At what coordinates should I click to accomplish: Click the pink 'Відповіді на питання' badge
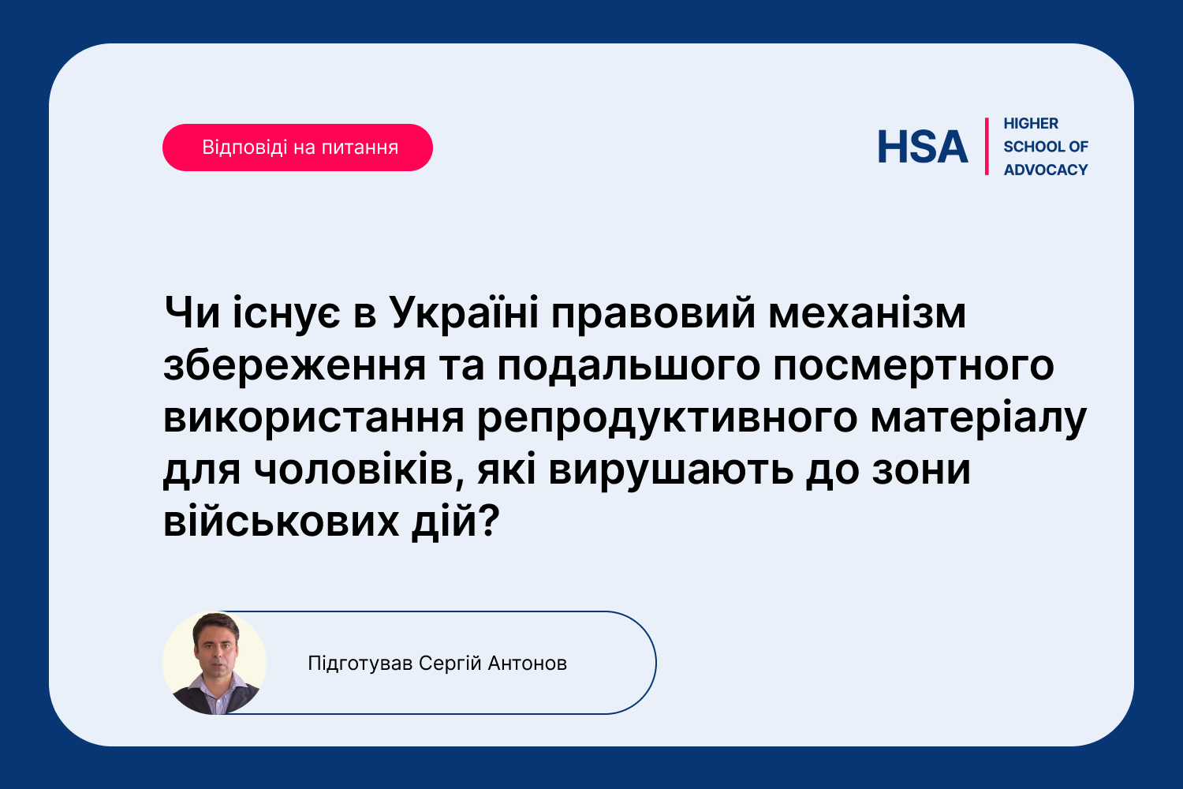click(297, 148)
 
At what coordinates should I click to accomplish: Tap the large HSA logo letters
click(923, 147)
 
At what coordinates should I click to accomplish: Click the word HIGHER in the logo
click(1031, 124)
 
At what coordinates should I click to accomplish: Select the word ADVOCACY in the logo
click(1046, 170)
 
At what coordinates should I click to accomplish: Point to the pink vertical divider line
click(987, 147)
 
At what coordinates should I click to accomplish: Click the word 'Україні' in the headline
click(464, 314)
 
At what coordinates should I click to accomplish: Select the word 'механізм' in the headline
click(868, 314)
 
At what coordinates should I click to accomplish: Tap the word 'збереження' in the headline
click(295, 366)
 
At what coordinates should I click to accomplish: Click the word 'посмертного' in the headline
click(913, 366)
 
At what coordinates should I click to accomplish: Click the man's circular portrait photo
click(215, 664)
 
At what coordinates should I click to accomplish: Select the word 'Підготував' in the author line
click(360, 664)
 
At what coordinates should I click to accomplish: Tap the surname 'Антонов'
click(527, 664)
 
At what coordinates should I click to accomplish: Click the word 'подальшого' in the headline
click(629, 366)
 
